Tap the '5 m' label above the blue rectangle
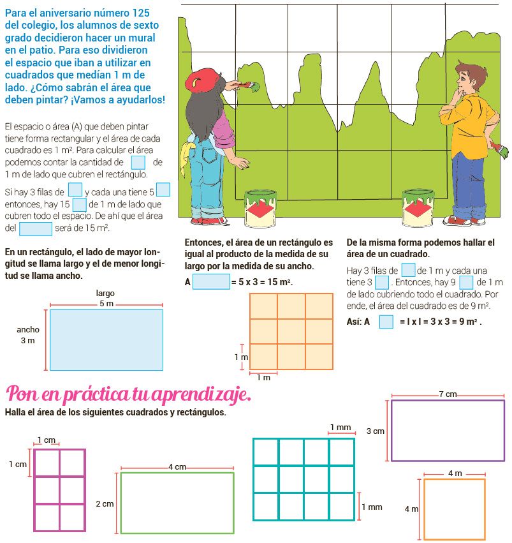click(x=106, y=304)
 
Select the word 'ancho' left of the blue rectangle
click(x=28, y=330)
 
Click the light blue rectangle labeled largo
click(x=106, y=339)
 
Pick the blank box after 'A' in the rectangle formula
click(x=210, y=281)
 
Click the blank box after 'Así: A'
click(x=386, y=322)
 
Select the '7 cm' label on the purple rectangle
click(x=448, y=395)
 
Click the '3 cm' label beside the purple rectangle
click(x=375, y=431)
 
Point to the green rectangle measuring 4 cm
click(x=177, y=502)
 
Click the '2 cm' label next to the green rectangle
click(x=105, y=504)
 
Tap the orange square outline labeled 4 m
click(x=454, y=509)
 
